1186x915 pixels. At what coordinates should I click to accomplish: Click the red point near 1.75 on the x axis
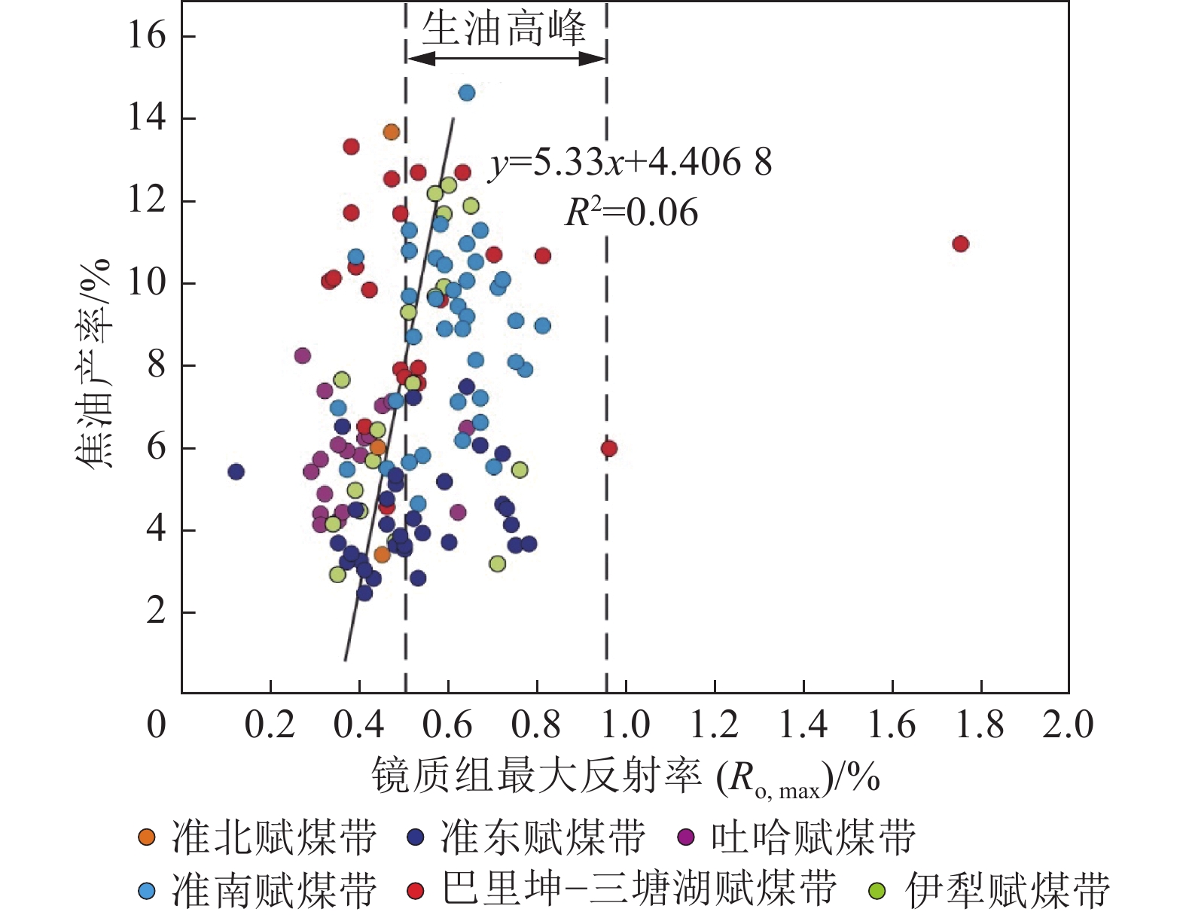tap(960, 244)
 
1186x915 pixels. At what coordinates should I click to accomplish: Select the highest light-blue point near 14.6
tap(467, 93)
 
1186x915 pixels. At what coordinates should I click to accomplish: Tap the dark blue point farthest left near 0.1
tap(236, 472)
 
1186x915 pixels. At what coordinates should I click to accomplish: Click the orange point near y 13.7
tap(391, 133)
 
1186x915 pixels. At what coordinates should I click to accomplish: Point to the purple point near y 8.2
tap(303, 355)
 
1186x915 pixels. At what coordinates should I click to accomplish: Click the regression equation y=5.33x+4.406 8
tap(631, 163)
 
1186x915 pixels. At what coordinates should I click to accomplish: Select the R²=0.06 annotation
tap(631, 213)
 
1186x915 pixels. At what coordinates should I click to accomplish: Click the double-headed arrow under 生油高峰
tap(506, 59)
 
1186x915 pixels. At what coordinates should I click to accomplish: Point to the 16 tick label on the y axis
tap(146, 35)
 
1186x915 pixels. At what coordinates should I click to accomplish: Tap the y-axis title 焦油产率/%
tap(93, 365)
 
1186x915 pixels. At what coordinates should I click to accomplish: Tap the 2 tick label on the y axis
tap(156, 612)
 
